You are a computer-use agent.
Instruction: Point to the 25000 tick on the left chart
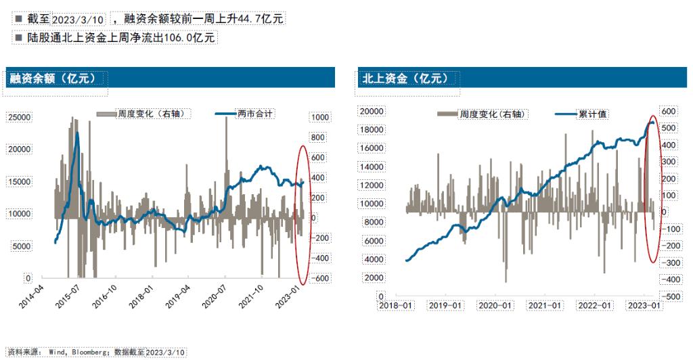tap(20, 117)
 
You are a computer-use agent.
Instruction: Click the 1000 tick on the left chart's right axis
tap(320, 117)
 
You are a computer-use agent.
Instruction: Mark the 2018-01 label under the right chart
tap(396, 305)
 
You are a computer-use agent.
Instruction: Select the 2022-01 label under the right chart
tap(595, 305)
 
